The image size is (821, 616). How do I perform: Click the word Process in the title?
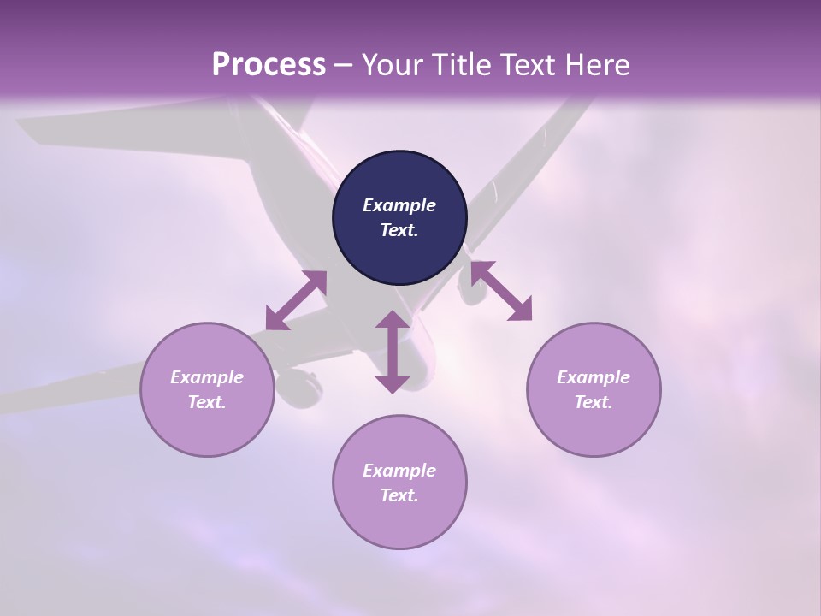click(269, 65)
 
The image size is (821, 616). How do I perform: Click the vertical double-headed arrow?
click(393, 352)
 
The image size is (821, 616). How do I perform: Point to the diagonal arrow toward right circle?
click(501, 291)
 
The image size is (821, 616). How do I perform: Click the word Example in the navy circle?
click(399, 205)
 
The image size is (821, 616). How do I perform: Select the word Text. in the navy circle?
click(399, 230)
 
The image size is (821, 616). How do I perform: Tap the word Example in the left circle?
click(207, 377)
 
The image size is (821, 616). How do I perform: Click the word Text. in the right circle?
click(594, 402)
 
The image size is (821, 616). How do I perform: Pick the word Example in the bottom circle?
click(399, 471)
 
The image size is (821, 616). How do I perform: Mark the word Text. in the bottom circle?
click(399, 495)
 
